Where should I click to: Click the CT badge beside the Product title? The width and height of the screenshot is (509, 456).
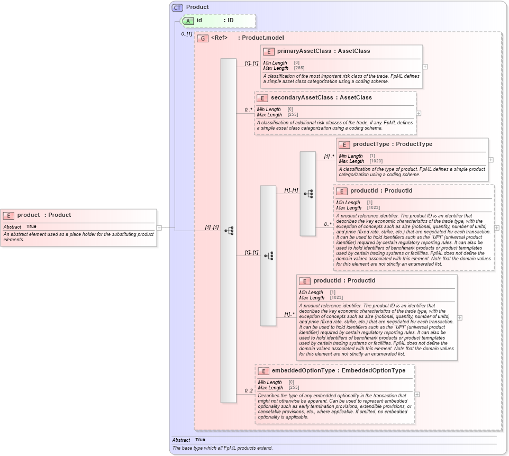(x=178, y=7)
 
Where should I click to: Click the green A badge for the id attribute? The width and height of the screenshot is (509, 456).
(x=188, y=21)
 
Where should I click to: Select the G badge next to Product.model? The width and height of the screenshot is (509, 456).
(x=202, y=38)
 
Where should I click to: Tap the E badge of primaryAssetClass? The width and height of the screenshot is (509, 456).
(x=269, y=51)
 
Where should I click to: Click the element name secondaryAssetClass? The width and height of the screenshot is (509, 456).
(x=302, y=97)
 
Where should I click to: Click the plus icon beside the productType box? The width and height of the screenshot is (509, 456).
(x=490, y=160)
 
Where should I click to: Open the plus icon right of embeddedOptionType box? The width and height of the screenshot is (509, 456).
(x=417, y=394)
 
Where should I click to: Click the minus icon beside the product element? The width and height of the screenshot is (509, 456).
(x=159, y=227)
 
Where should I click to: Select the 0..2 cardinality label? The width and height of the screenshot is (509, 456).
(x=248, y=391)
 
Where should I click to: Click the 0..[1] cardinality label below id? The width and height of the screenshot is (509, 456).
(x=186, y=33)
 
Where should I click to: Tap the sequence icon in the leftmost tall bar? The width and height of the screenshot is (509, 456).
(x=229, y=231)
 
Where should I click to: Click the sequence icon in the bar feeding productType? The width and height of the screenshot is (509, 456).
(x=308, y=194)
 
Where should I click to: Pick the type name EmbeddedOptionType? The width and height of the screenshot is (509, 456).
(x=373, y=370)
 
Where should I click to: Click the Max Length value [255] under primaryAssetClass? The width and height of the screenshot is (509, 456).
(x=299, y=68)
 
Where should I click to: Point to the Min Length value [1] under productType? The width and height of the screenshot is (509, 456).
(x=372, y=156)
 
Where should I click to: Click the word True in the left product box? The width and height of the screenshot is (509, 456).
(x=31, y=226)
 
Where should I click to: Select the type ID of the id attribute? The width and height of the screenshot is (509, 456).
(x=231, y=20)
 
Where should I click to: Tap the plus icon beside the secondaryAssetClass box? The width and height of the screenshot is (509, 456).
(x=419, y=113)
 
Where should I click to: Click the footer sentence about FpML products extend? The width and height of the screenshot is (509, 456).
(x=223, y=448)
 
